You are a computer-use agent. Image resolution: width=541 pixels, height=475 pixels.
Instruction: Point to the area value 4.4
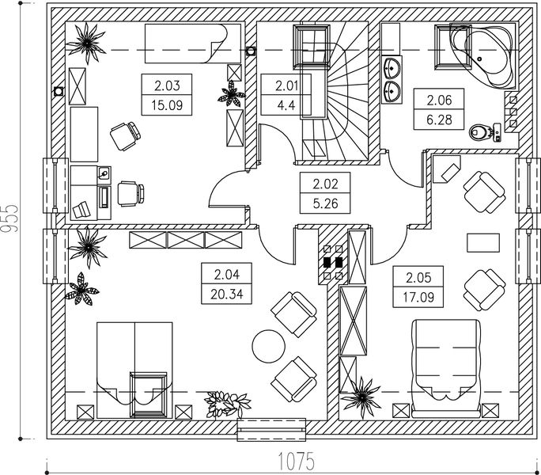pos(285,104)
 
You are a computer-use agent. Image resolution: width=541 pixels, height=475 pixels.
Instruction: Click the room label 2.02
pos(325,184)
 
